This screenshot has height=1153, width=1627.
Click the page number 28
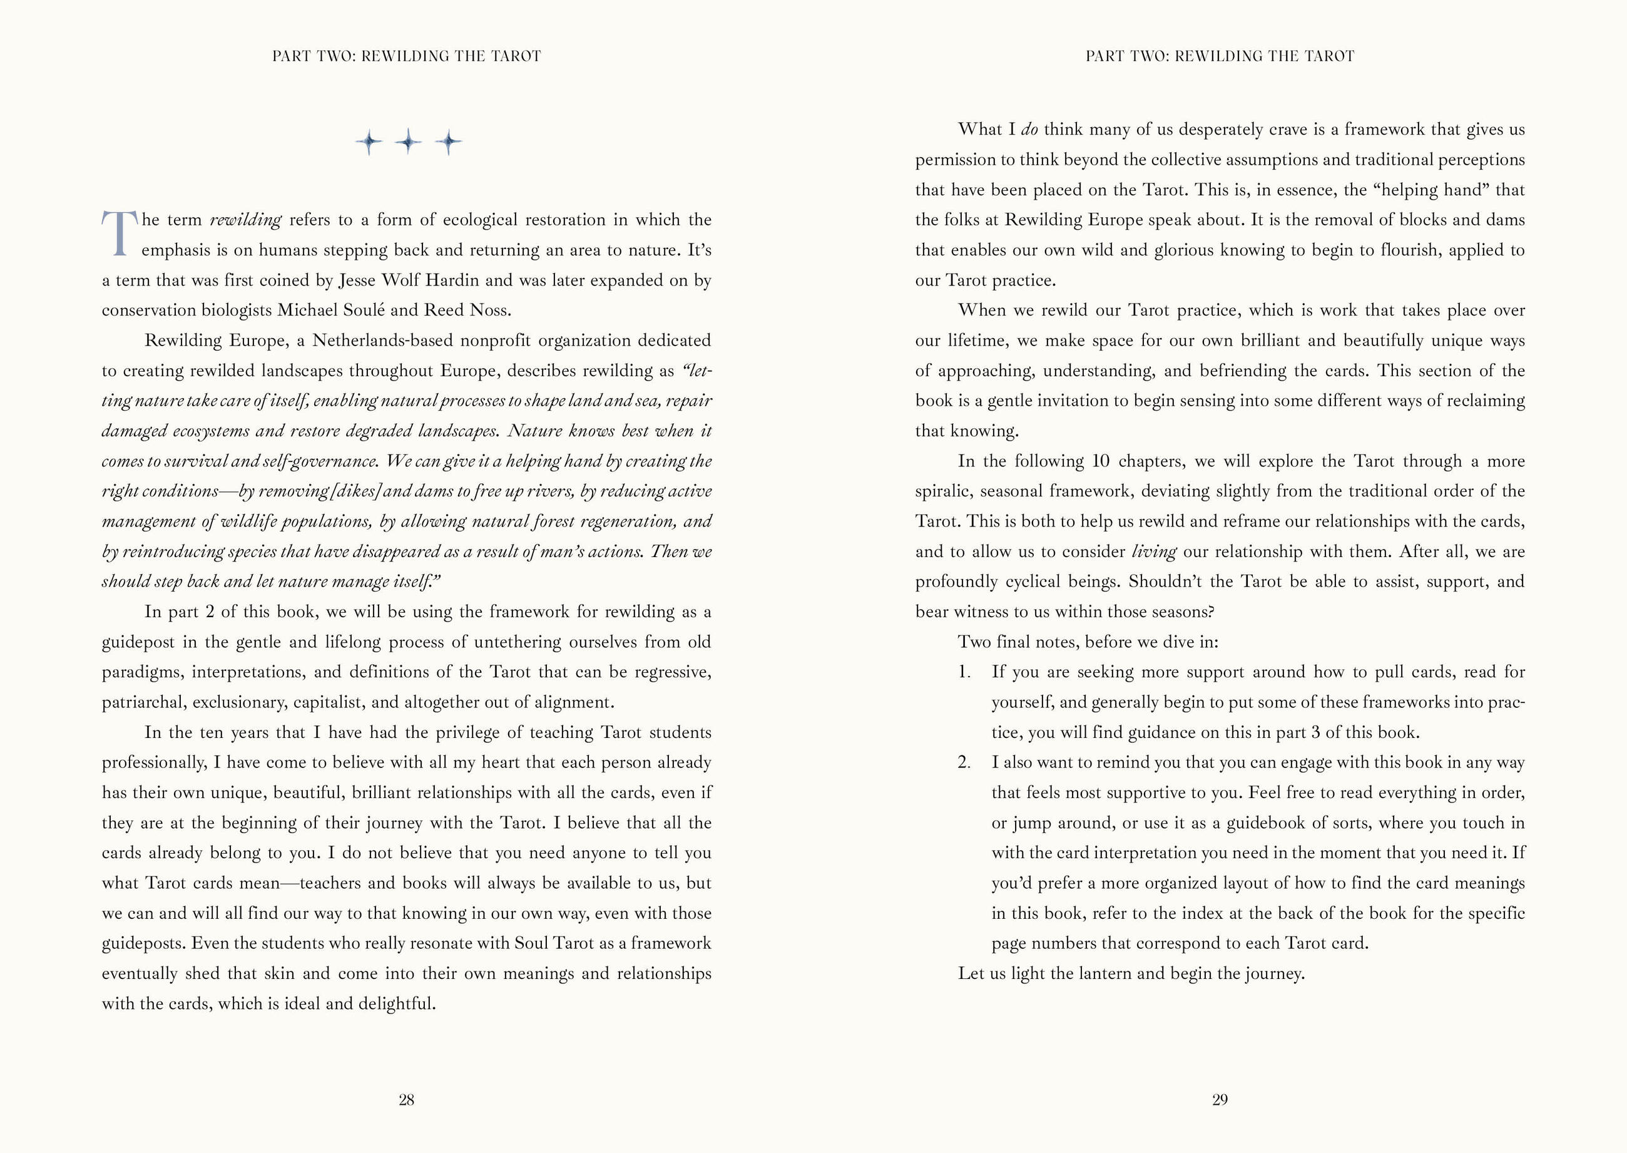coord(406,1100)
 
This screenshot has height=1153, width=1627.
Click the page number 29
coord(1220,1100)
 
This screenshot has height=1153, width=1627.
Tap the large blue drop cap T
coord(118,233)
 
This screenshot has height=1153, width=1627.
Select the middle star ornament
coord(408,142)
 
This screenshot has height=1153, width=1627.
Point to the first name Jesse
coord(357,280)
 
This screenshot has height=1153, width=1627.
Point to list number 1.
coord(963,672)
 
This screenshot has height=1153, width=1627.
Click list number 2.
coord(963,762)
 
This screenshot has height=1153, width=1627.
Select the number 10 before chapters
coord(1100,461)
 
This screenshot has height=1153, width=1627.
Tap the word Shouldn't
coord(1167,582)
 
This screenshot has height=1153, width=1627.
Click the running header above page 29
coord(1220,56)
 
